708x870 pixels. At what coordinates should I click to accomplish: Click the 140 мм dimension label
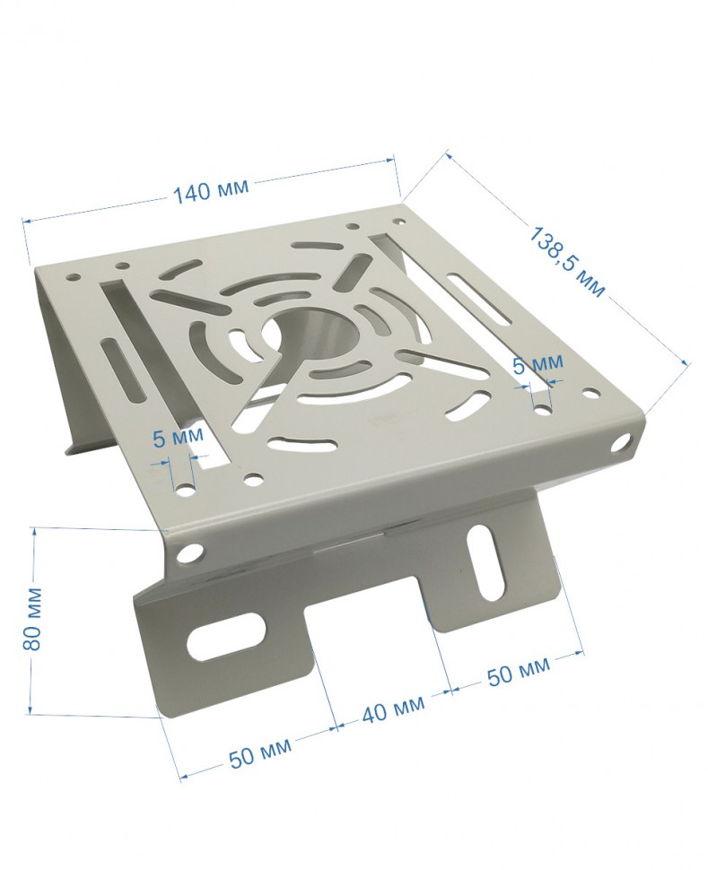coord(212,190)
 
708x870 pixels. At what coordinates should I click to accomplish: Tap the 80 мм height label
coord(32,618)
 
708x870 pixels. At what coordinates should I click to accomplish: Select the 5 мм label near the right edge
coord(538,364)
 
